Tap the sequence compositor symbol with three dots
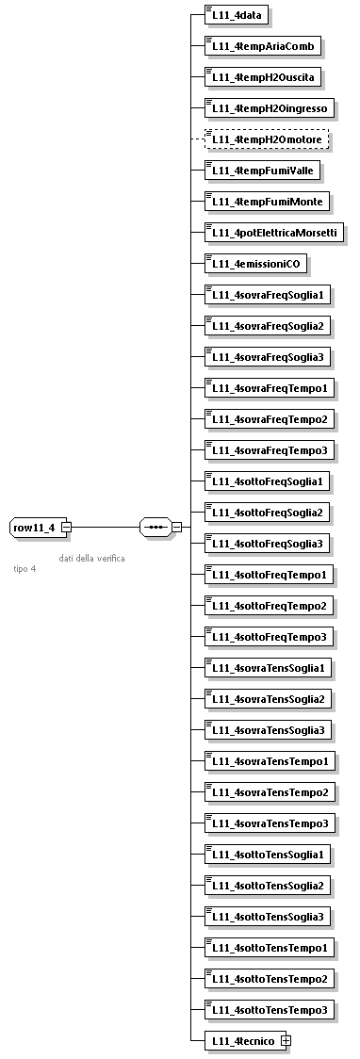pos(155,528)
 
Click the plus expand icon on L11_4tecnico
pos(286,1040)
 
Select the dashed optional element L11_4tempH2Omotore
pos(268,139)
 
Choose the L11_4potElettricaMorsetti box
pos(274,233)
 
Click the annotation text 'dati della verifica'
pos(91,558)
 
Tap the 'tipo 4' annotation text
pos(25,569)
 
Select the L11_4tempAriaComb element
pos(264,46)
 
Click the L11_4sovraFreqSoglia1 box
pos(268,295)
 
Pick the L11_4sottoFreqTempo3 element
pos(270,637)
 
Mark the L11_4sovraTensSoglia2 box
pos(270,699)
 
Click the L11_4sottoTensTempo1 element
pos(270,947)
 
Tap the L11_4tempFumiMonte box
pos(267,202)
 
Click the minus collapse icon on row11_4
pos(66,528)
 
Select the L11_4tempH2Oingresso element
pos(270,108)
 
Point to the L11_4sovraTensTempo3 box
pos(270,823)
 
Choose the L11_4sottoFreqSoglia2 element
pos(268,513)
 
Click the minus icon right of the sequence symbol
pos(176,528)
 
